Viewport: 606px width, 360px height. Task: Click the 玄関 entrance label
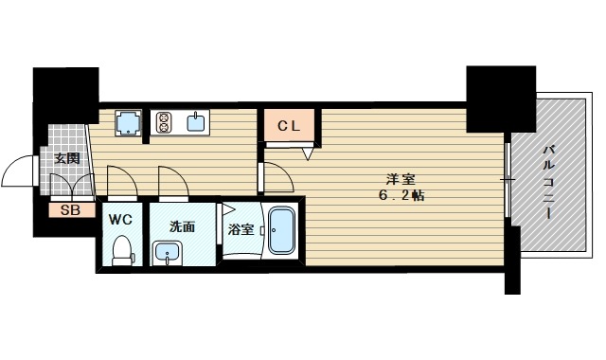coord(67,158)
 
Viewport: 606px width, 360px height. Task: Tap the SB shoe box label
coord(71,210)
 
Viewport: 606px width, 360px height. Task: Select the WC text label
coord(120,220)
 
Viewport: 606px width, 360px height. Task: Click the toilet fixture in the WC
coord(123,250)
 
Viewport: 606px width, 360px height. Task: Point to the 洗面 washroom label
coord(182,226)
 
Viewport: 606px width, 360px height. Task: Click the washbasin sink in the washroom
coord(168,253)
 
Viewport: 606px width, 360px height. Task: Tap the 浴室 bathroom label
coord(241,229)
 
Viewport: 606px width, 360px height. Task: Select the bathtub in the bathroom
coord(281,231)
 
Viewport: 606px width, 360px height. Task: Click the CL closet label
coord(289,126)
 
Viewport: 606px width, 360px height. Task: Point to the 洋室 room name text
coord(401,179)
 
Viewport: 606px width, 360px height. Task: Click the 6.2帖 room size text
coord(401,195)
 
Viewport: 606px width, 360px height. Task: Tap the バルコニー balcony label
coord(548,182)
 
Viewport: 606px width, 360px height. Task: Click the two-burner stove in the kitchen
coord(164,122)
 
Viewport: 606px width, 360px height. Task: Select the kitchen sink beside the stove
coord(197,122)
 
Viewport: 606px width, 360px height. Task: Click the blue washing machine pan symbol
coord(129,122)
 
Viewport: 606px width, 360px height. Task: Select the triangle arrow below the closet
coord(308,153)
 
